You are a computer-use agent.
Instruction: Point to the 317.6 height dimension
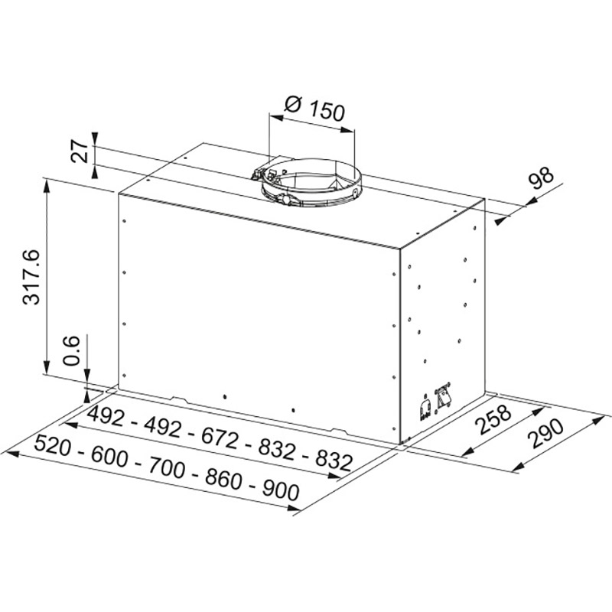coord(32,275)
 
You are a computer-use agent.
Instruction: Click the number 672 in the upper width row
coord(220,436)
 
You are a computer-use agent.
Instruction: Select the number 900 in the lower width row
coord(278,490)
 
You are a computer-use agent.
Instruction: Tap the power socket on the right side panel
coord(423,409)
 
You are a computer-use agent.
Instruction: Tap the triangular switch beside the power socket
coord(444,396)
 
